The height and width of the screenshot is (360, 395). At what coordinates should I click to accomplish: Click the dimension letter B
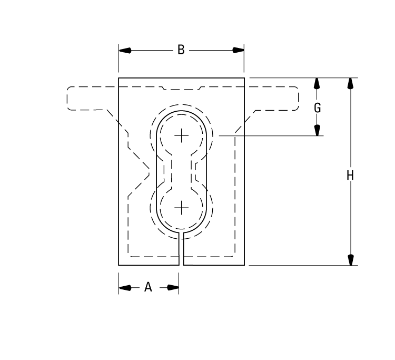click(x=181, y=50)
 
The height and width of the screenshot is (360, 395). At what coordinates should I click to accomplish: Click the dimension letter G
click(x=317, y=108)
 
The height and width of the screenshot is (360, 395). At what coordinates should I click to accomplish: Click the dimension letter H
click(x=350, y=176)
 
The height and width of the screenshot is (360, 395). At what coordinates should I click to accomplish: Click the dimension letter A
click(x=148, y=287)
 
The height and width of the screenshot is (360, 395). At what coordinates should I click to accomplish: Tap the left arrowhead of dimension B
click(x=125, y=50)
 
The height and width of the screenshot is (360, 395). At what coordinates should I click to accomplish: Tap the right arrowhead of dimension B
click(x=238, y=50)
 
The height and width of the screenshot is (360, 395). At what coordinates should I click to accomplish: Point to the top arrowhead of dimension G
click(x=317, y=83)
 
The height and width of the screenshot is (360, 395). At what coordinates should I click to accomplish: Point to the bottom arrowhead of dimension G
click(x=317, y=130)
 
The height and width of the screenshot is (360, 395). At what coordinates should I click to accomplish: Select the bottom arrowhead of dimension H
click(x=350, y=259)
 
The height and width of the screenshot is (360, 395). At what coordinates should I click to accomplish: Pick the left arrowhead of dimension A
click(x=125, y=287)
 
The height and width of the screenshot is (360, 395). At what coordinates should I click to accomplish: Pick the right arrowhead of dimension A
click(x=173, y=287)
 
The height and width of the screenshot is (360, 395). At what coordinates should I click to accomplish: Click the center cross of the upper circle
click(x=181, y=135)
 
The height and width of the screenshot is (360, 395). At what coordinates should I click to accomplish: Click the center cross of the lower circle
click(x=181, y=208)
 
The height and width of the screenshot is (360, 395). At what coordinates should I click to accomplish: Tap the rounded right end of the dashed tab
click(x=298, y=98)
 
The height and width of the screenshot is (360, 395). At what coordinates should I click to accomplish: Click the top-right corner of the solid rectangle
click(x=244, y=78)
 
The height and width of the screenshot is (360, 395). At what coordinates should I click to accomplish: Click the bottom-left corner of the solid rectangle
click(x=118, y=265)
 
